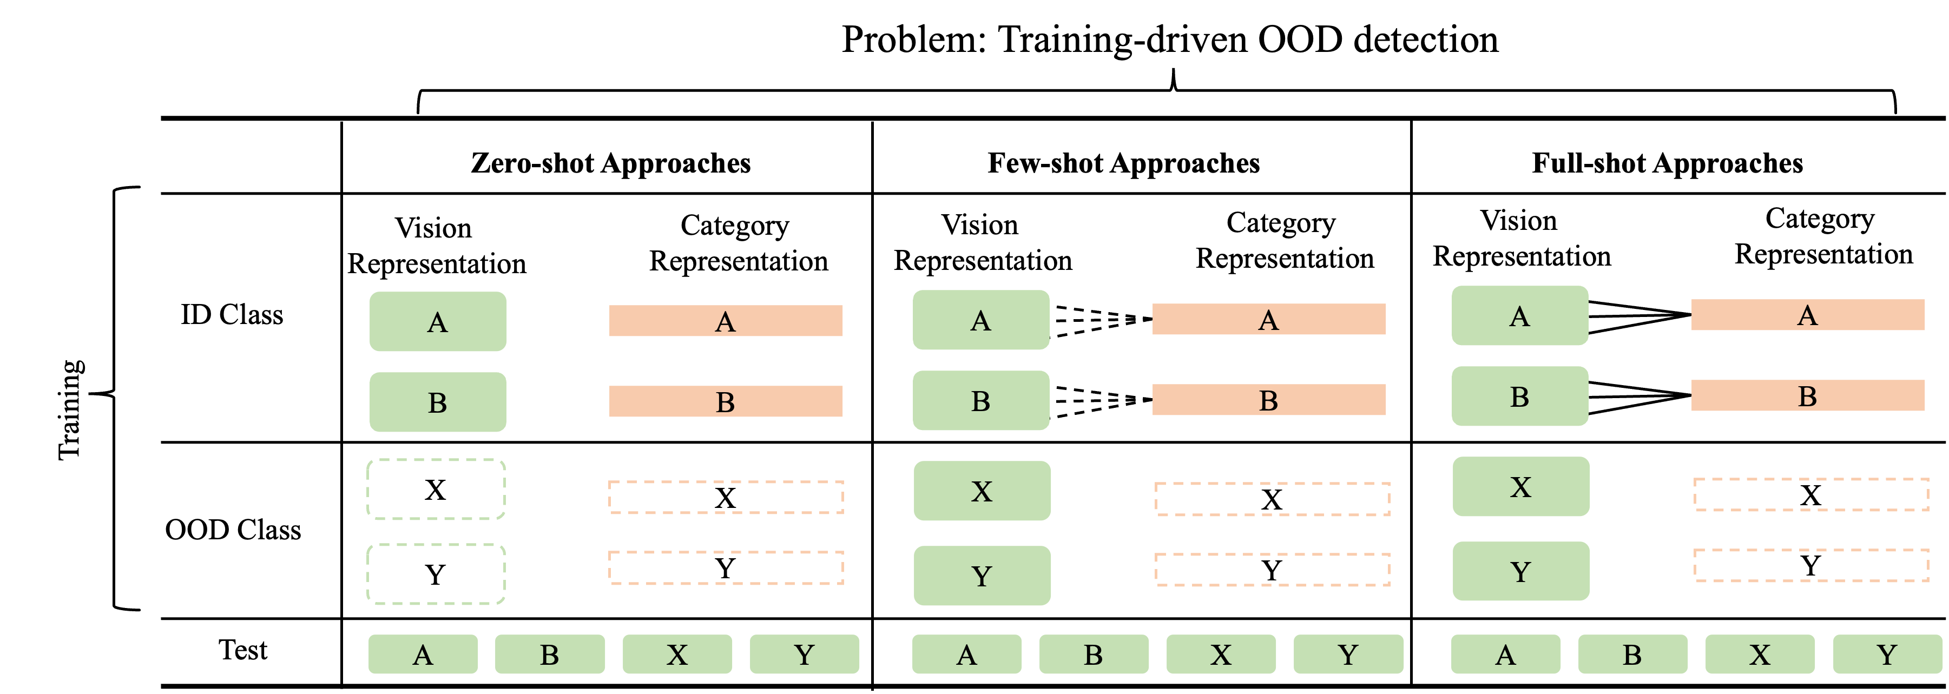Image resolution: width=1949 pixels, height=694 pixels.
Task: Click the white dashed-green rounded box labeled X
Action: [x=436, y=489]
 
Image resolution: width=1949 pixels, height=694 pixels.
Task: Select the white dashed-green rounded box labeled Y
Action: [x=436, y=574]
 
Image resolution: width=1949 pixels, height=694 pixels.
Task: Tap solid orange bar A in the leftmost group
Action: [x=726, y=321]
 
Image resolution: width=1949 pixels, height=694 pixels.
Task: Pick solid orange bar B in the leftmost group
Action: [x=726, y=401]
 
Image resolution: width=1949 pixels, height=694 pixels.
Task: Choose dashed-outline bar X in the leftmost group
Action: [x=726, y=497]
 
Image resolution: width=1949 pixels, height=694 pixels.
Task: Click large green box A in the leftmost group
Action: [x=437, y=321]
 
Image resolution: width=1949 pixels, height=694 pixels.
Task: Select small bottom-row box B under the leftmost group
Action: [x=550, y=654]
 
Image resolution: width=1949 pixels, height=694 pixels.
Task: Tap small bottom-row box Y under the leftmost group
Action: [x=804, y=654]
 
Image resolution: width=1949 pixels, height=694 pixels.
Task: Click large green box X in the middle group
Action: [x=982, y=491]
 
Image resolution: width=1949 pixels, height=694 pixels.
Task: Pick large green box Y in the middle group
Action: [x=982, y=576]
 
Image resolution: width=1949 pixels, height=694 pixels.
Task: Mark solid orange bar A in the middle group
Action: [x=1269, y=319]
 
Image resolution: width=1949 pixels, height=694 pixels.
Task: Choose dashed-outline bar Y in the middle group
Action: [x=1272, y=569]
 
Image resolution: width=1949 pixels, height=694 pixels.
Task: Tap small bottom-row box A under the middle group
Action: [x=966, y=654]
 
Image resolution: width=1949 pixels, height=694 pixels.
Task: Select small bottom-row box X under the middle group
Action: [x=1221, y=654]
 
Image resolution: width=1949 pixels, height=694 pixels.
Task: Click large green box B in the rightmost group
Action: [x=1519, y=396]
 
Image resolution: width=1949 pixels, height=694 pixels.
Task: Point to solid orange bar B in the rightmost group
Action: [x=1808, y=395]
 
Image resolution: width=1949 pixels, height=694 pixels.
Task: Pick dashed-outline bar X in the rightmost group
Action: [x=1810, y=494]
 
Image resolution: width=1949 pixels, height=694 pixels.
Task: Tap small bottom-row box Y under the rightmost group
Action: [x=1887, y=654]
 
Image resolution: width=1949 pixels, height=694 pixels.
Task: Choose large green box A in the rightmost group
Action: [x=1519, y=315]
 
